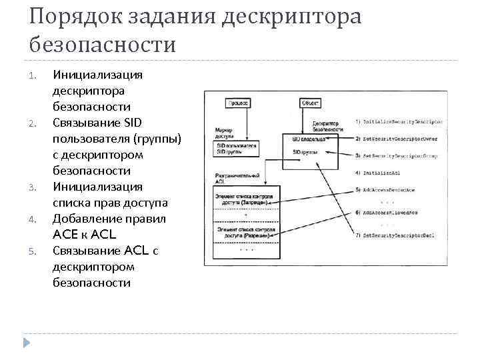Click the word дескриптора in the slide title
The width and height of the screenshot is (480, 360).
(293, 16)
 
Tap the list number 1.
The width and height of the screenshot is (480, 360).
(32, 75)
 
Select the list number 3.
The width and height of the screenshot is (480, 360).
(32, 187)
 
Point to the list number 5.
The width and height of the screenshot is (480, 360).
(32, 251)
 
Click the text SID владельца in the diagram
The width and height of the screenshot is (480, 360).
(309, 139)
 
